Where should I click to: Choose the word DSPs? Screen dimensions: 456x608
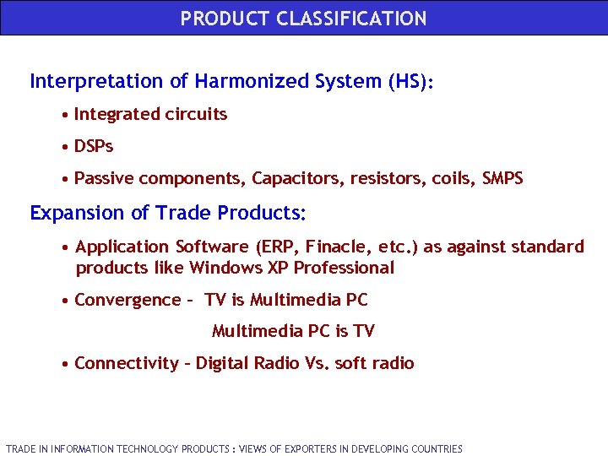point(94,146)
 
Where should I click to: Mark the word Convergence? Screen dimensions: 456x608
point(128,300)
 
